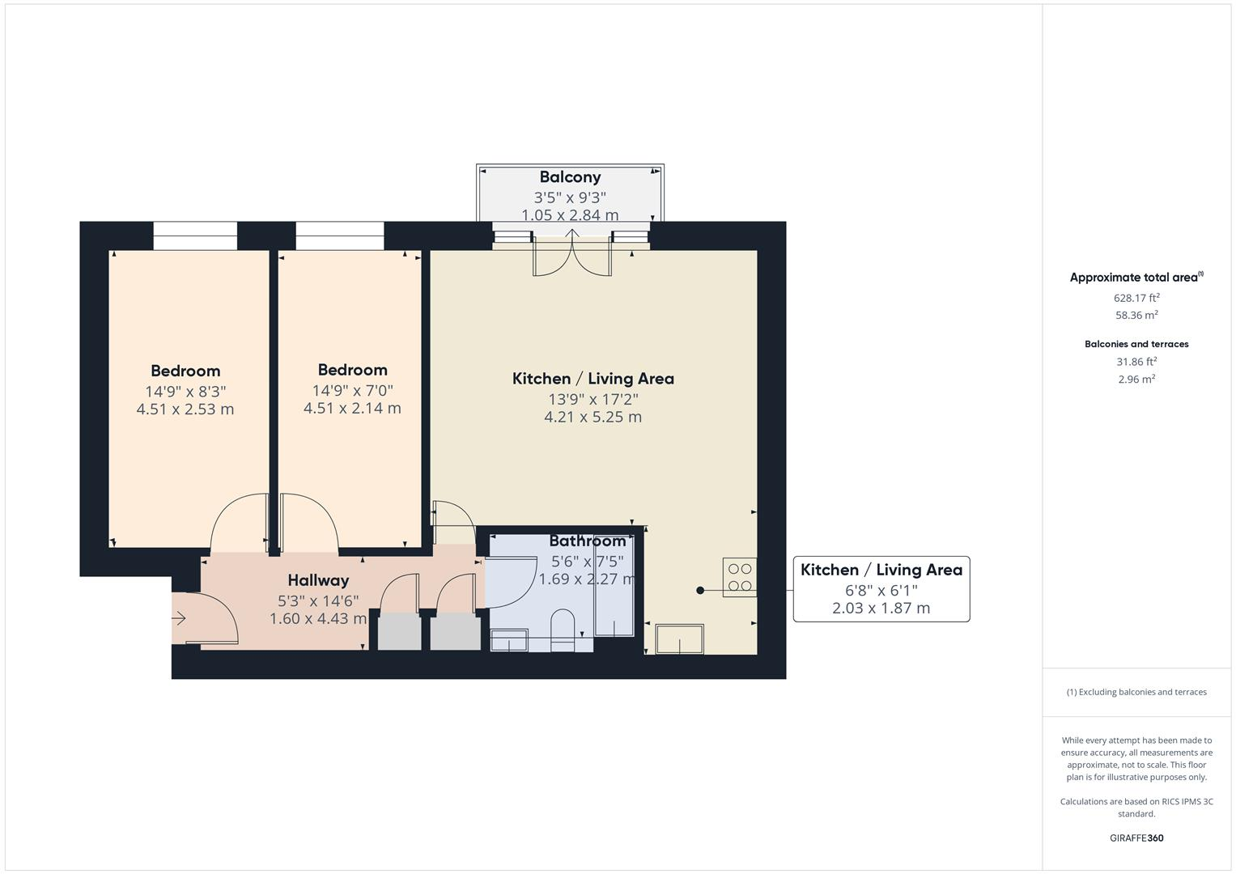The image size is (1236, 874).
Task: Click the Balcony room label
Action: [570, 177]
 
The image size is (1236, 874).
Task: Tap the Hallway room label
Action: [318, 580]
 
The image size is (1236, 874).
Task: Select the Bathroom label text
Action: [588, 541]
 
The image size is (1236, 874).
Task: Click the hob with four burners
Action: [740, 577]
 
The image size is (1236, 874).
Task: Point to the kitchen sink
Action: [679, 639]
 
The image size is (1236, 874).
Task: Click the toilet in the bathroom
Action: [562, 630]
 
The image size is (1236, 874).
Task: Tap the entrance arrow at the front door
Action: [179, 619]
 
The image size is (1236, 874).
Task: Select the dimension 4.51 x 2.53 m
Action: [185, 409]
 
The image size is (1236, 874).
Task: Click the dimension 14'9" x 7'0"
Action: [352, 390]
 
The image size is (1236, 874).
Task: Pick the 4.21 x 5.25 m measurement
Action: [593, 417]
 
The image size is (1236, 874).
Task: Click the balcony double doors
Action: [571, 255]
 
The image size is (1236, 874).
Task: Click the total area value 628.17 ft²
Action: [1136, 298]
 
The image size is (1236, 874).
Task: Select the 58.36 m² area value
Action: [1136, 316]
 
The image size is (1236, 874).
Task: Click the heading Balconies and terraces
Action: [1136, 344]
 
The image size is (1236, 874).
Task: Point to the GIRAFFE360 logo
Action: [1136, 838]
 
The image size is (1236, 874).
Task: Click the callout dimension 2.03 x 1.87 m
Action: [881, 609]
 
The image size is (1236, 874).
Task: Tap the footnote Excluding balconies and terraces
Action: [1136, 692]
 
